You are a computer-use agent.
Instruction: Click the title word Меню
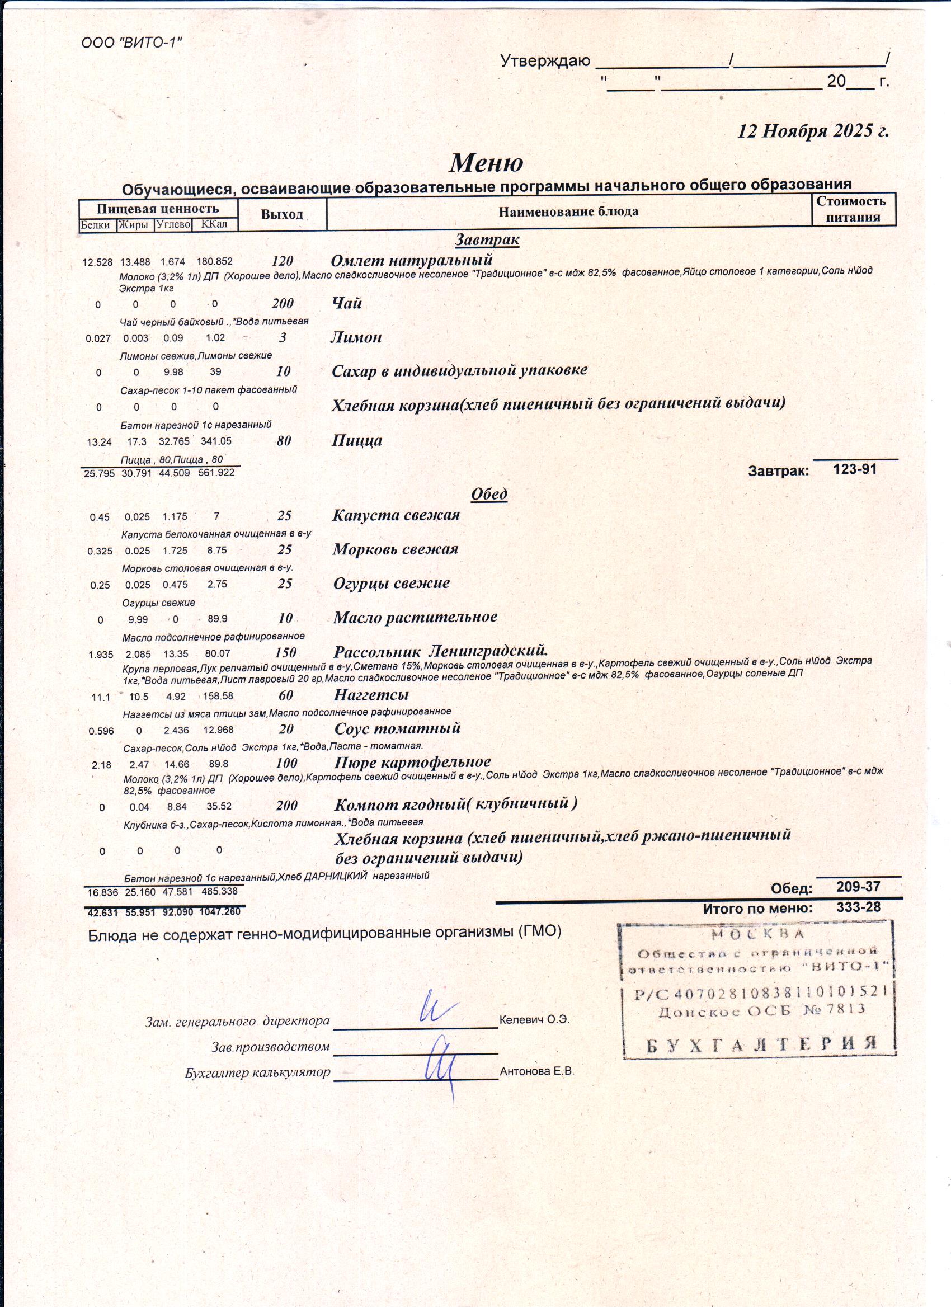[x=486, y=163]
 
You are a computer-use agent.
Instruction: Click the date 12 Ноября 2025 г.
[x=813, y=131]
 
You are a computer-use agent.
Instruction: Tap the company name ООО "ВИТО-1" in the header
[x=131, y=43]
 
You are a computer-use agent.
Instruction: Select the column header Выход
[x=281, y=214]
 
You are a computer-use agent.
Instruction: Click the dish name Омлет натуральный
[x=412, y=260]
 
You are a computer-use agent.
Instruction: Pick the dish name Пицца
[x=357, y=441]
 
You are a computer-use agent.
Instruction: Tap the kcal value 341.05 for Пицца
[x=216, y=441]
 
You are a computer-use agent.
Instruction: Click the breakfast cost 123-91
[x=855, y=469]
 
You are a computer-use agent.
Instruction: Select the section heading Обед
[x=489, y=493]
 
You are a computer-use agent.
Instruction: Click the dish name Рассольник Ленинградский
[x=440, y=651]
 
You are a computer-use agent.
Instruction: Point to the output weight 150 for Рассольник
[x=285, y=652]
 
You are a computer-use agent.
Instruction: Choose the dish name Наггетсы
[x=371, y=694]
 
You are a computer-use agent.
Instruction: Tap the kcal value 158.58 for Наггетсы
[x=218, y=696]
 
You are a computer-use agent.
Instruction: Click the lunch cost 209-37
[x=858, y=886]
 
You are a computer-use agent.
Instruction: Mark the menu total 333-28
[x=858, y=907]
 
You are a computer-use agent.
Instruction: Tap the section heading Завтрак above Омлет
[x=487, y=239]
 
